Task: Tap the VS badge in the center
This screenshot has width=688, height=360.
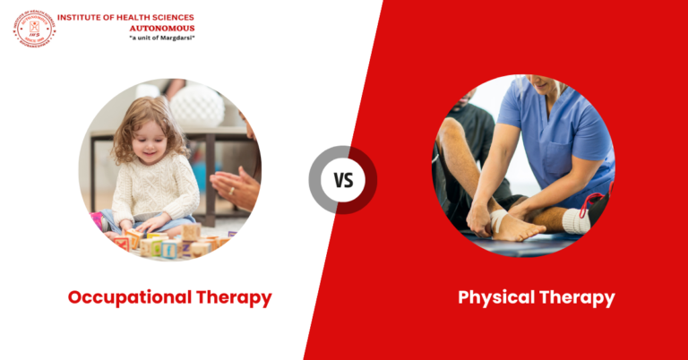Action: [x=343, y=180]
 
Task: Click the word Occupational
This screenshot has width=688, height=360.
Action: [x=125, y=296]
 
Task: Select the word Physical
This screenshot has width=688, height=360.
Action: [x=494, y=296]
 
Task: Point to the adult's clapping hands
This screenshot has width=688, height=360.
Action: [x=235, y=188]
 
